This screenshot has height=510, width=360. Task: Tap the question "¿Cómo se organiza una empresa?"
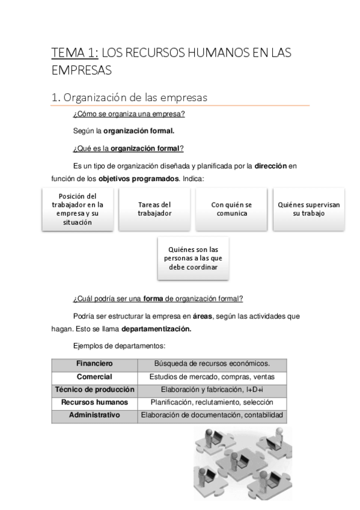pos(128,114)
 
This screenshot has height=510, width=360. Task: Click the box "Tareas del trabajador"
pos(154,209)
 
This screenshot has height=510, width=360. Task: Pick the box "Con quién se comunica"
pos(231,209)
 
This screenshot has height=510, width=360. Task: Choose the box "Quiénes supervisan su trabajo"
pos(309,209)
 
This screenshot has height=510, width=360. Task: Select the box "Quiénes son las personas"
pos(193,258)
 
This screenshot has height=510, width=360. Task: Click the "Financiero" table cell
pos(94,364)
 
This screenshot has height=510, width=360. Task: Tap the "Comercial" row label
pos(94,376)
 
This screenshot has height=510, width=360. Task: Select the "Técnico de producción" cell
pos(94,390)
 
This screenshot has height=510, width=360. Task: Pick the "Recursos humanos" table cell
pos(94,402)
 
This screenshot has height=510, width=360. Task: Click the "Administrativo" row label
pos(94,416)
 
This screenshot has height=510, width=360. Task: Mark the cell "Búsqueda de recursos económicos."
pos(212,364)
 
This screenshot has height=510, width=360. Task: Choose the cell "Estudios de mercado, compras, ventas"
pos(212,376)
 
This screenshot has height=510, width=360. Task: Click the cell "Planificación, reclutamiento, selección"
pos(212,402)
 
